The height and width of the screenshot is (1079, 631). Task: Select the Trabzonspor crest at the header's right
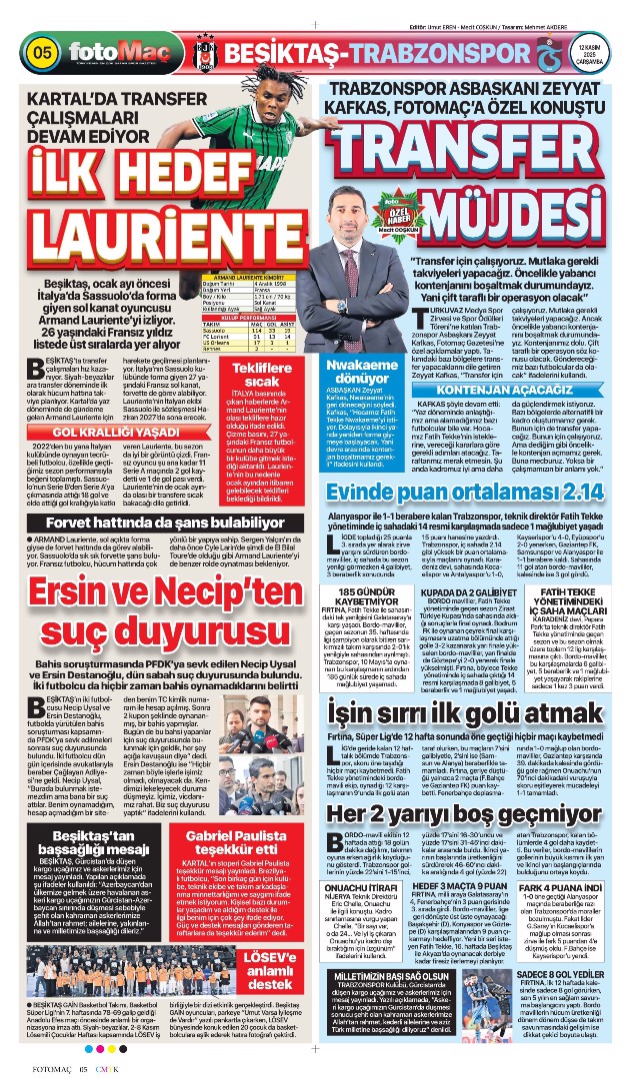click(x=543, y=52)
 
